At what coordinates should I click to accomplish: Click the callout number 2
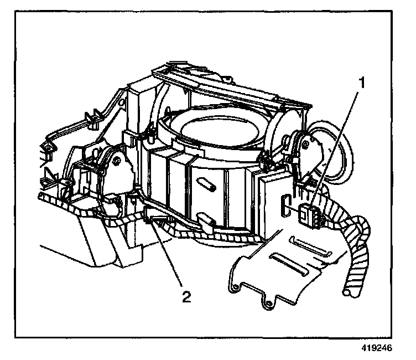tap(188, 297)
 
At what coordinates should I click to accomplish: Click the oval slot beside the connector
tap(285, 208)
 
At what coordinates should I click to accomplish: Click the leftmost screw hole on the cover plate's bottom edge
tap(235, 286)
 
